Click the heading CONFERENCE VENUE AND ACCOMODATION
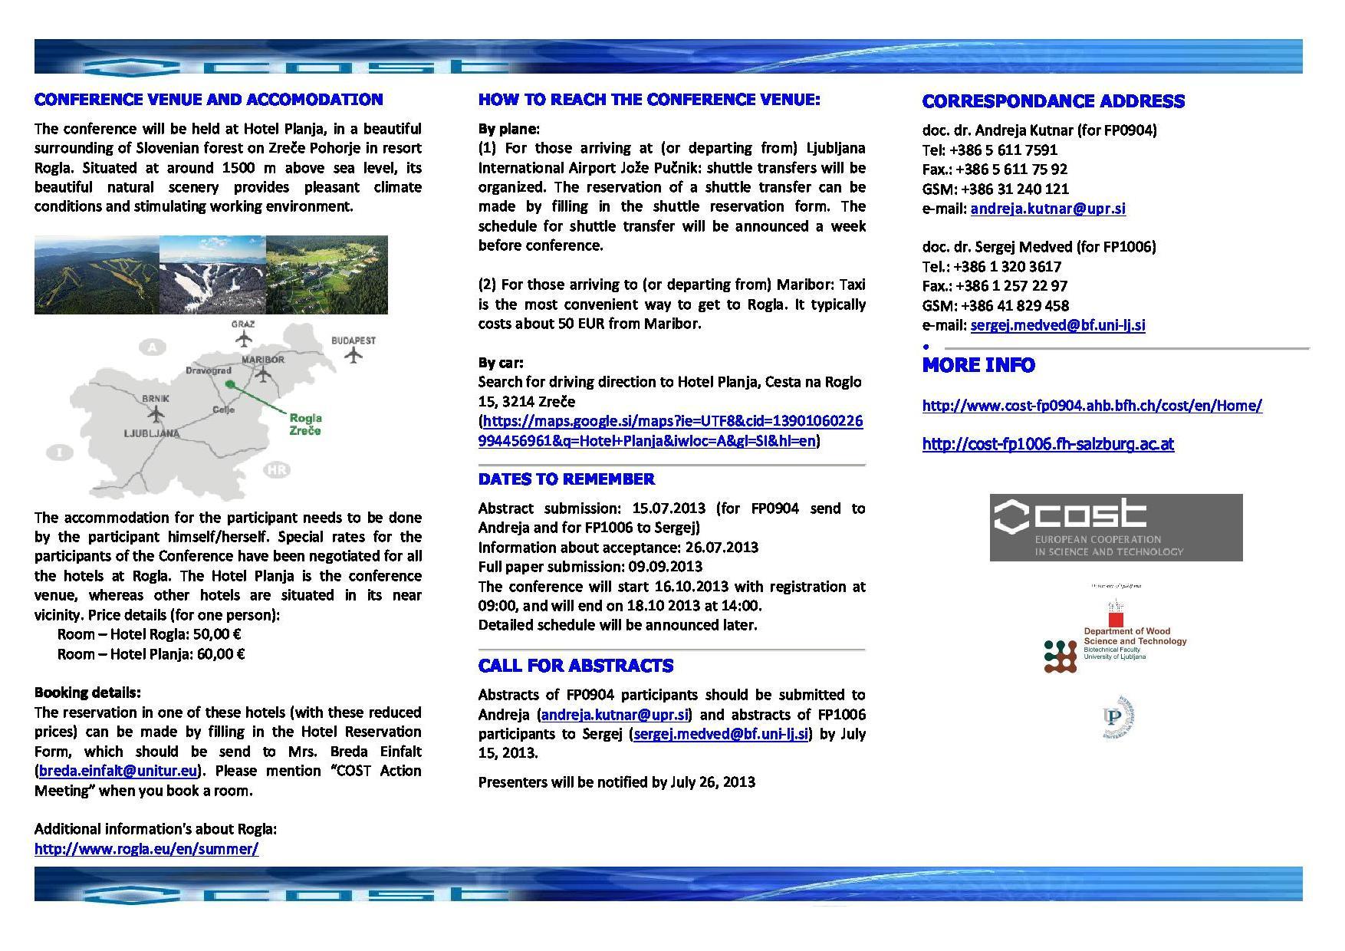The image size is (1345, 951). pyautogui.click(x=209, y=100)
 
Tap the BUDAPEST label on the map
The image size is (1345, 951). pyautogui.click(x=354, y=340)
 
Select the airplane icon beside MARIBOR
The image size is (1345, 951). pyautogui.click(x=263, y=374)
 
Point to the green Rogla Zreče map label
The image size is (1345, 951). pyautogui.click(x=305, y=424)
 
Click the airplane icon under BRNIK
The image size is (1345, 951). pyautogui.click(x=156, y=414)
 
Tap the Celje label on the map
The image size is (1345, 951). pyautogui.click(x=223, y=410)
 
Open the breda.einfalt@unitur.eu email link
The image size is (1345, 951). pyautogui.click(x=118, y=771)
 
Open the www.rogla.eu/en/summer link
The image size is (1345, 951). pyautogui.click(x=146, y=848)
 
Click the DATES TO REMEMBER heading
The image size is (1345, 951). pyautogui.click(x=566, y=479)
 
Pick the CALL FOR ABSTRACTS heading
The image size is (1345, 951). pyautogui.click(x=576, y=666)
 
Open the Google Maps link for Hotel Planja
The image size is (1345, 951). pyautogui.click(x=671, y=431)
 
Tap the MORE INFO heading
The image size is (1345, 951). pyautogui.click(x=978, y=365)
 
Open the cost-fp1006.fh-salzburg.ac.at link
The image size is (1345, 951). pyautogui.click(x=1047, y=444)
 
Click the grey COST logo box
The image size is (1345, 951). pyautogui.click(x=1116, y=528)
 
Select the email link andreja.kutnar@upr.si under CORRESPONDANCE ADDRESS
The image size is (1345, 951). pyautogui.click(x=1047, y=209)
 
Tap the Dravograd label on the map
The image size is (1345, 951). pyautogui.click(x=209, y=370)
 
